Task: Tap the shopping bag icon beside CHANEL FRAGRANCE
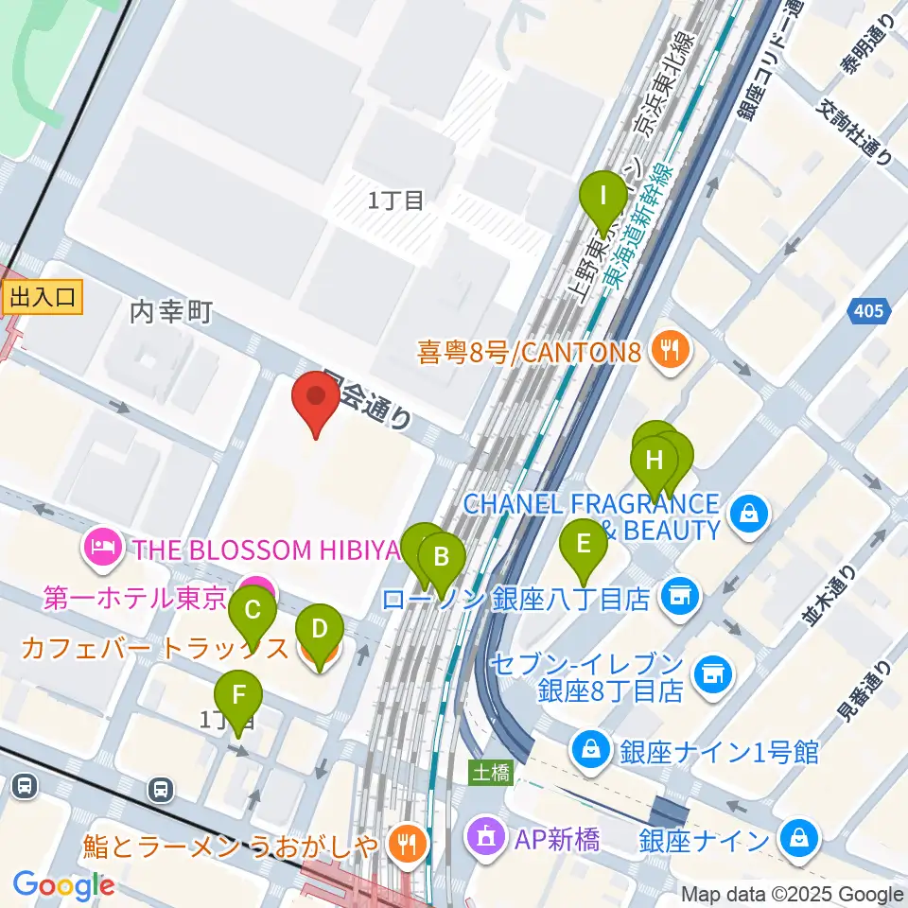[749, 515]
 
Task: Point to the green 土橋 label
[491, 773]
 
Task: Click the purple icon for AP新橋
[487, 836]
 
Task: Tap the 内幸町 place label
[171, 311]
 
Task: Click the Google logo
[64, 885]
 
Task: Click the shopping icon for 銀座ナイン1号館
[591, 752]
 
